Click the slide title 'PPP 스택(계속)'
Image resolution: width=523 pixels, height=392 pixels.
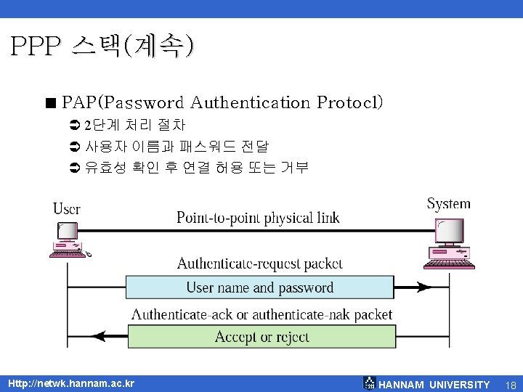(102, 47)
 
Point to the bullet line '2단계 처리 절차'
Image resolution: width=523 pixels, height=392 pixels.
(134, 126)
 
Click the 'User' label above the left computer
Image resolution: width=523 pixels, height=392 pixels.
(67, 209)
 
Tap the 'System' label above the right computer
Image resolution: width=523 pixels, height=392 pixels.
(448, 204)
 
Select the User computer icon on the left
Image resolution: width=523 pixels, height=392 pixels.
(70, 240)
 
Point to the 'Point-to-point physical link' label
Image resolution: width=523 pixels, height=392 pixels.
(258, 218)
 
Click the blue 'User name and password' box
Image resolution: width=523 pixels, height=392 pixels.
(260, 287)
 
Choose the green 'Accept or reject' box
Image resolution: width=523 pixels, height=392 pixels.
(261, 337)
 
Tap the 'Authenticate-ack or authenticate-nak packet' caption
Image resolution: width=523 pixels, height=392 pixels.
(261, 315)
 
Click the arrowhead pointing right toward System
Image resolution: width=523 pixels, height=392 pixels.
(422, 287)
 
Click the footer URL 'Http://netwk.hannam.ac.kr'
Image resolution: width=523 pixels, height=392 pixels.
(71, 383)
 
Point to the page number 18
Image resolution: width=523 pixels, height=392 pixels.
(511, 385)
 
